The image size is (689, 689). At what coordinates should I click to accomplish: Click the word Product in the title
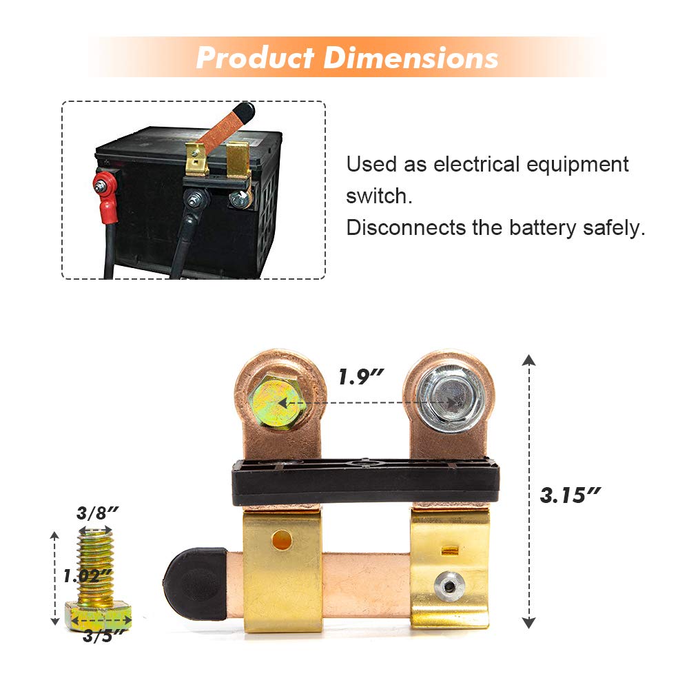point(255,58)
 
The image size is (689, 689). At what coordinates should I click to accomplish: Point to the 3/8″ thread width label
point(98,513)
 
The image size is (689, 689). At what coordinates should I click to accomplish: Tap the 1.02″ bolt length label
point(88,575)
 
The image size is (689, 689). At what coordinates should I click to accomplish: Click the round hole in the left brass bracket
point(281,539)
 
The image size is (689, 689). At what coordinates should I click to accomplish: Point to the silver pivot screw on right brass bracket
point(449,587)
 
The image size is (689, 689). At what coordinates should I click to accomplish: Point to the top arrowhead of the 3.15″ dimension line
point(528,359)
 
